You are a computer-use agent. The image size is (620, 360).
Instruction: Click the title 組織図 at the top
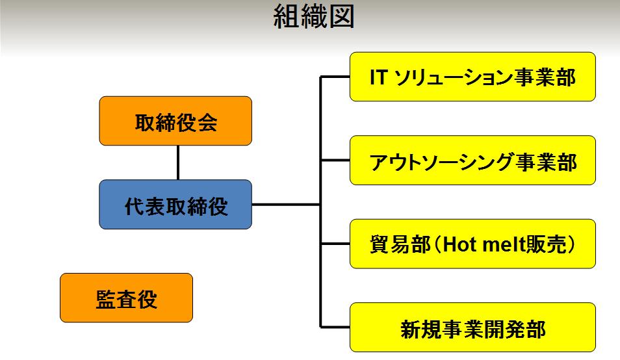pyautogui.click(x=313, y=17)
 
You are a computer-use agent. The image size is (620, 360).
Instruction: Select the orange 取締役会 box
pyautogui.click(x=175, y=121)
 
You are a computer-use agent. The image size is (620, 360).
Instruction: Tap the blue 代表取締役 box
pyautogui.click(x=175, y=205)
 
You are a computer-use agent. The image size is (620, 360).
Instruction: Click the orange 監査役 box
pyautogui.click(x=127, y=298)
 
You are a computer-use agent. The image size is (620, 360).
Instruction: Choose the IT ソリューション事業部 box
pyautogui.click(x=472, y=77)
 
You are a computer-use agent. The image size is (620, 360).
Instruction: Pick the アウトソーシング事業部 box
pyautogui.click(x=472, y=161)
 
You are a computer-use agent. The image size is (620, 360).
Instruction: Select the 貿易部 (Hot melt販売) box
pyautogui.click(x=472, y=244)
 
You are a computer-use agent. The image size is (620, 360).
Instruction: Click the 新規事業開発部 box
pyautogui.click(x=472, y=328)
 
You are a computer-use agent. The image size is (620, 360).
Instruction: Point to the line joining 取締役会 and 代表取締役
pyautogui.click(x=178, y=163)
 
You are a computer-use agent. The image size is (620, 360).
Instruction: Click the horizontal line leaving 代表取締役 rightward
pyautogui.click(x=286, y=205)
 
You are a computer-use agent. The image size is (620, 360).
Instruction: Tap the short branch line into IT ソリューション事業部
pyautogui.click(x=335, y=77)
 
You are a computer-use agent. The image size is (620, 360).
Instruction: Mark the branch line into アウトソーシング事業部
pyautogui.click(x=335, y=161)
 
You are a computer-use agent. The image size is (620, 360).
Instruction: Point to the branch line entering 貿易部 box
pyautogui.click(x=335, y=244)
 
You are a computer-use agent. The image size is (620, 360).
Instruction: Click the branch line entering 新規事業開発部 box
pyautogui.click(x=335, y=328)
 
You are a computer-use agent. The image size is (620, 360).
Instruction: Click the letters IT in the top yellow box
pyautogui.click(x=378, y=77)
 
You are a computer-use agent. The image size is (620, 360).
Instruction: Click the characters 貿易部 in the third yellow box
pyautogui.click(x=400, y=244)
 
